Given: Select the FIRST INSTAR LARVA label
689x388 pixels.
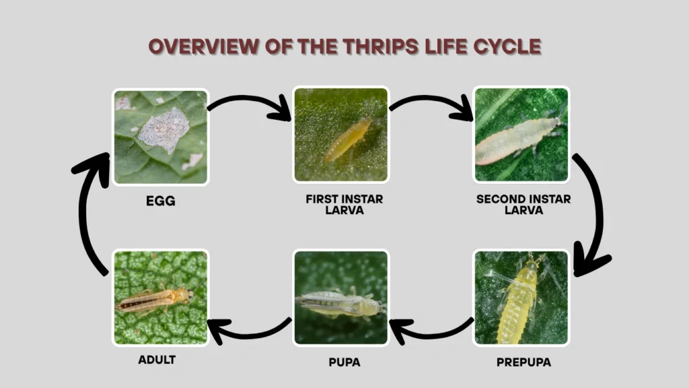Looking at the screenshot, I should [341, 204].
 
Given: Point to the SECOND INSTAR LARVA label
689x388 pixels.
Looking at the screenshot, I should [523, 204].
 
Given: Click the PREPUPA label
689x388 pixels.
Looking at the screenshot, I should [523, 362].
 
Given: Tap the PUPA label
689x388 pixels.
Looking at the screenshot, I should [344, 362].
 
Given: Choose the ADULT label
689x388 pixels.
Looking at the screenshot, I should [157, 360].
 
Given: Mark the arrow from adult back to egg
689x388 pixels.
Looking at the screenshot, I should [86, 216].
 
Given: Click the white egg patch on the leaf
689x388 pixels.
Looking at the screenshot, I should [164, 129].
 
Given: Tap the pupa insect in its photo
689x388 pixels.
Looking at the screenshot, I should [340, 304].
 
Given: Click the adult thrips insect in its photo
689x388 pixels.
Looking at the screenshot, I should [155, 300].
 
